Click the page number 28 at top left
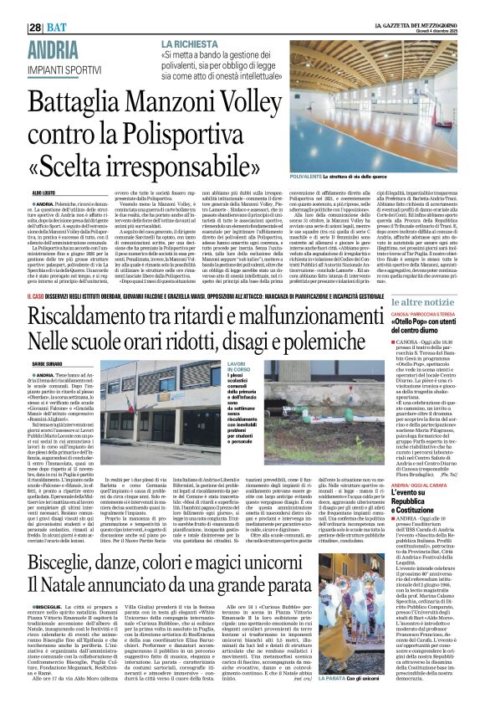tap(14, 9)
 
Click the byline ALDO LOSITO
tap(21, 193)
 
